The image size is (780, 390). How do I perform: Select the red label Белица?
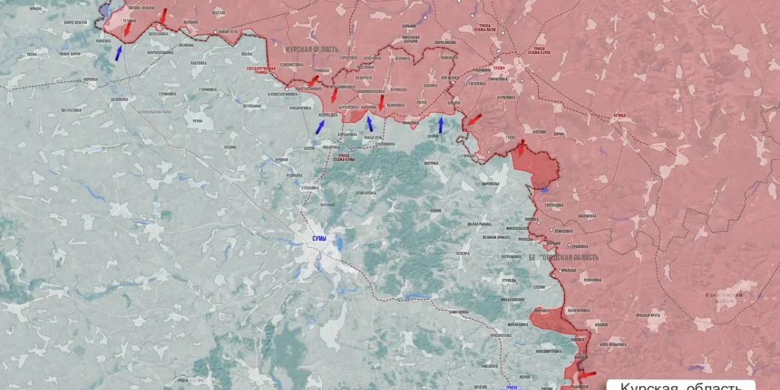[x=619, y=115]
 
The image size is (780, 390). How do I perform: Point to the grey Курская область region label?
[x=313, y=50]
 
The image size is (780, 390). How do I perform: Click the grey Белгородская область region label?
[x=564, y=258]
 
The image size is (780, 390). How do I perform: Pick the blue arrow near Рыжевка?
[x=118, y=53]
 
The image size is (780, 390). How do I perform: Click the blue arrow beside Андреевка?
[x=320, y=126]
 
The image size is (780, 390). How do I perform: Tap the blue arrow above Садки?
[x=441, y=124]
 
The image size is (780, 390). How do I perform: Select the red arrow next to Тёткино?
[x=127, y=29]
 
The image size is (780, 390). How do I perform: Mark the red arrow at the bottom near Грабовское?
[x=588, y=375]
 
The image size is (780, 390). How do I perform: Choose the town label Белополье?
[x=119, y=99]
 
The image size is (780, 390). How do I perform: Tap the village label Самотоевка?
[x=458, y=312]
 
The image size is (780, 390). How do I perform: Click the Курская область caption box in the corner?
[x=681, y=385]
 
